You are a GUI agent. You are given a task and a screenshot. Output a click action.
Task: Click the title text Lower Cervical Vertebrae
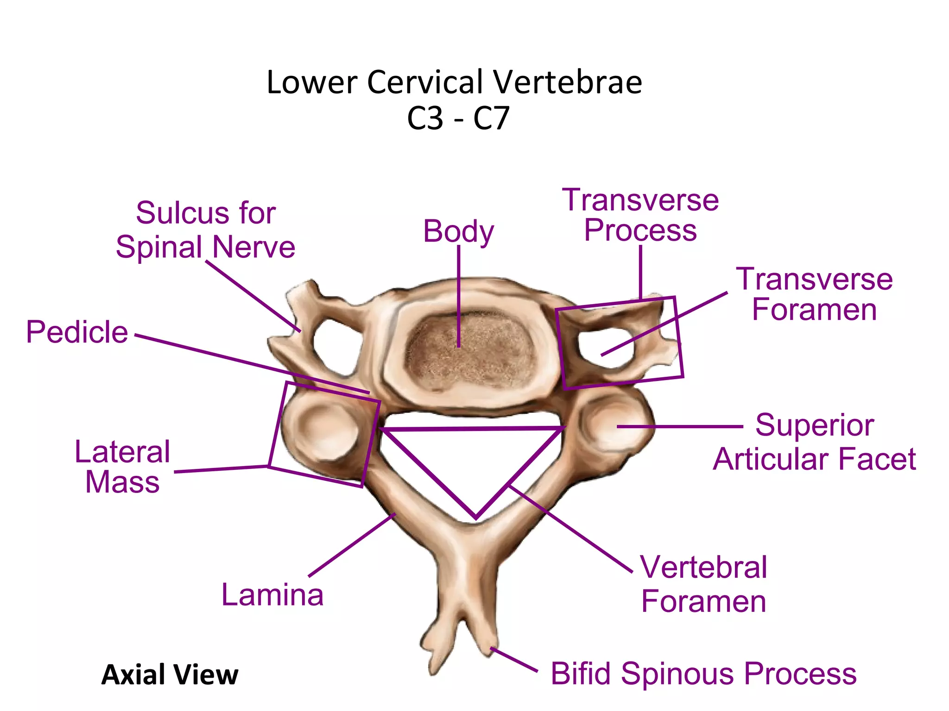point(454,82)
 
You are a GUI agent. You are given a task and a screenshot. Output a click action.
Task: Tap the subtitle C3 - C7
point(458,118)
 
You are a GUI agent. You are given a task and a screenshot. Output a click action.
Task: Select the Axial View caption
point(170,674)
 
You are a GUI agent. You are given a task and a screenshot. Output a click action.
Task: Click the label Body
point(458,231)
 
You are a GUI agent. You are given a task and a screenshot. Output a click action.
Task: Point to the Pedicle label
point(77,332)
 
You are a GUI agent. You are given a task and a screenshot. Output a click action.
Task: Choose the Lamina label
point(272,595)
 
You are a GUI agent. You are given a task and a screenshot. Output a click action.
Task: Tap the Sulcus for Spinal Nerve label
point(205,230)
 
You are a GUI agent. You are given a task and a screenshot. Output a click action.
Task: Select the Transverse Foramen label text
point(814,294)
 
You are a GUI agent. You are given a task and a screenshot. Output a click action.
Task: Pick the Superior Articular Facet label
point(814,442)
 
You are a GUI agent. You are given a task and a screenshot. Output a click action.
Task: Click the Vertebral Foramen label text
point(704,584)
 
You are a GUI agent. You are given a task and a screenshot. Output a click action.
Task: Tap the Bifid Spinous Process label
point(703,674)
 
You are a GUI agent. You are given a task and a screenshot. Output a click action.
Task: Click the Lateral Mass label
point(122,467)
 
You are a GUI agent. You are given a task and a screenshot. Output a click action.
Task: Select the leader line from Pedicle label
point(250,363)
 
